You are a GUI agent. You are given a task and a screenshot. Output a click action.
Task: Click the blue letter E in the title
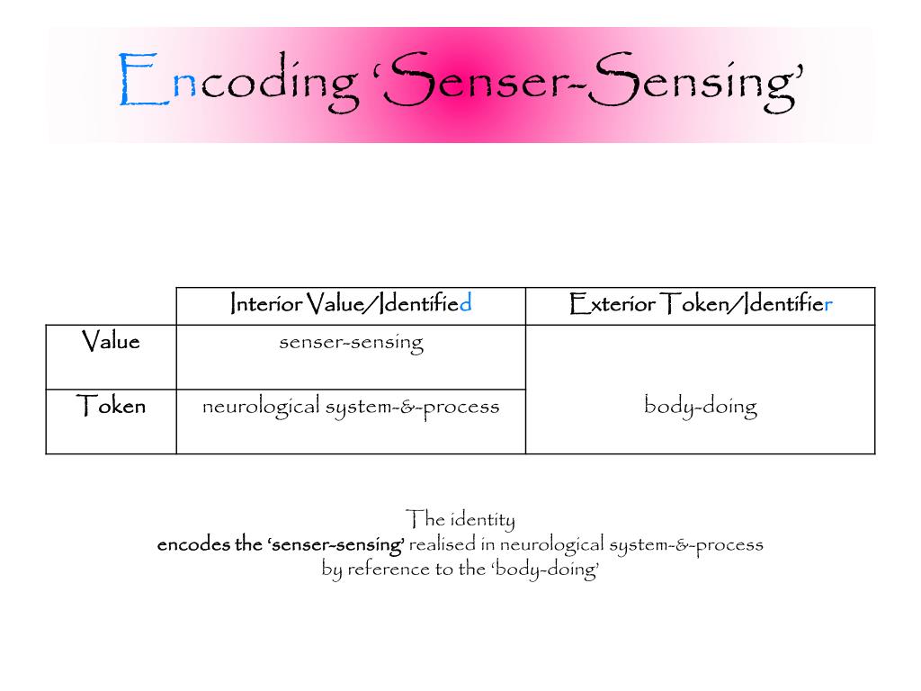[144, 82]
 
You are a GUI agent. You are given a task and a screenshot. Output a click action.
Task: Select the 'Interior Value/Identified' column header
[351, 304]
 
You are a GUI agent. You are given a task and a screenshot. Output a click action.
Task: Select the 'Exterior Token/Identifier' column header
[701, 304]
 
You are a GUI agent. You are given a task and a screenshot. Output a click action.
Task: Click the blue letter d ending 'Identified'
[466, 304]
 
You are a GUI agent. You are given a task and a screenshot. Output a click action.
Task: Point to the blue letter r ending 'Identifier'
[828, 305]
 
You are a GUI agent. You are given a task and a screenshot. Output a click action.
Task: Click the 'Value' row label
[111, 342]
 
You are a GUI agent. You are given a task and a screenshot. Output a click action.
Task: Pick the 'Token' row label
[111, 407]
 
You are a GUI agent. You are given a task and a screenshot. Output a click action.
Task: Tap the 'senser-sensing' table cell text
[351, 343]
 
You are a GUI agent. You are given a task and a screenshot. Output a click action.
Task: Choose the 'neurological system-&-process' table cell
[351, 407]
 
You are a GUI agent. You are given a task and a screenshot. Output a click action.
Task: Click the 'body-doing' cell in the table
[701, 407]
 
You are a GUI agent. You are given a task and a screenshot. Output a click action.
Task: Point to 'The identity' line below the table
[460, 519]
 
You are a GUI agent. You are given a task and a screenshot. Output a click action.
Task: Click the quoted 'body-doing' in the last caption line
[545, 570]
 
